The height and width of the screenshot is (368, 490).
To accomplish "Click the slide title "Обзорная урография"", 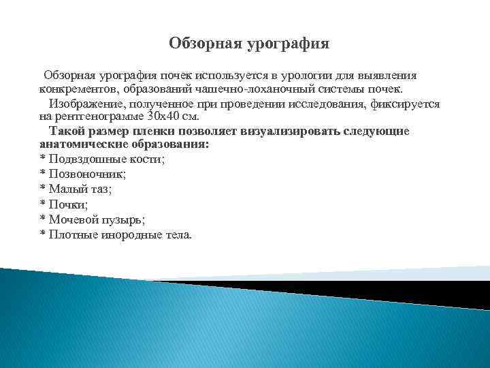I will coord(248,44).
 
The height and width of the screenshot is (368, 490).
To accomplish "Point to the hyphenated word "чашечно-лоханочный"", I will coord(251,89).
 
